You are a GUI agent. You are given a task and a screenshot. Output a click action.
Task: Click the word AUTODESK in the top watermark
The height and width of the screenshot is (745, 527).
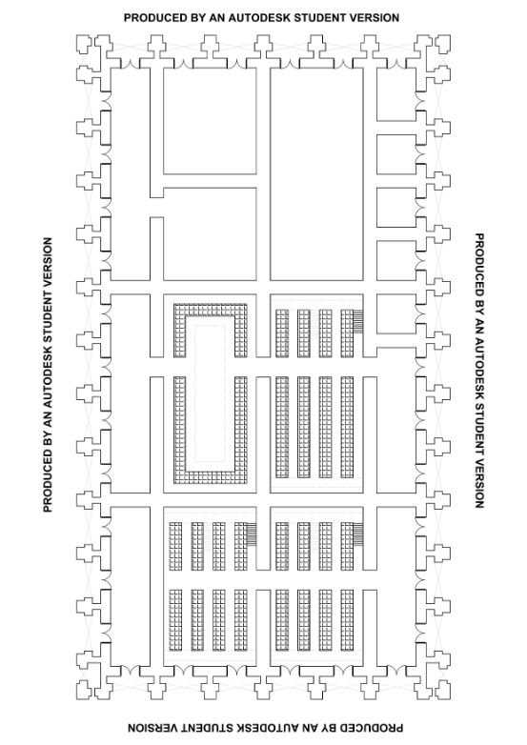click(x=259, y=17)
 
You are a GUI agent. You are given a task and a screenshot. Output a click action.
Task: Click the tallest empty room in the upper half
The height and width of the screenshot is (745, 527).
click(x=316, y=174)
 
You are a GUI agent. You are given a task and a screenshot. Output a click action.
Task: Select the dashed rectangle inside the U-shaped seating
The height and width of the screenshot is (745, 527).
click(x=210, y=393)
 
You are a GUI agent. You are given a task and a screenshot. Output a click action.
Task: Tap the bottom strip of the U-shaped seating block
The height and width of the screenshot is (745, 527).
click(x=210, y=477)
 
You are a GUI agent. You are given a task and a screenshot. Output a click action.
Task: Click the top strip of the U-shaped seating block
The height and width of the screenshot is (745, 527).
click(x=210, y=310)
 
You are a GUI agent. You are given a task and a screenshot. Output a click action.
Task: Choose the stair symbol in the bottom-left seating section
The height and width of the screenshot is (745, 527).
click(x=252, y=534)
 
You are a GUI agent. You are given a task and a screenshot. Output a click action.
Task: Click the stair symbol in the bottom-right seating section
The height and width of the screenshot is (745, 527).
click(x=358, y=534)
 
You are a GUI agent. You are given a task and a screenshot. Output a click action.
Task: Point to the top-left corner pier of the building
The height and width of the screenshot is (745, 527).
click(x=85, y=44)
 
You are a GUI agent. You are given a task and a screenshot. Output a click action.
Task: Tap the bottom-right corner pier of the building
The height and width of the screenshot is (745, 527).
click(x=442, y=690)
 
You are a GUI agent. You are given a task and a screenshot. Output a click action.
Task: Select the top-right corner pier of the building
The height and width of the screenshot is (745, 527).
click(x=442, y=44)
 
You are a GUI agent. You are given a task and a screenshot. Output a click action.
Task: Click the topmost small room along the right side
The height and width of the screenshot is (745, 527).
click(x=396, y=94)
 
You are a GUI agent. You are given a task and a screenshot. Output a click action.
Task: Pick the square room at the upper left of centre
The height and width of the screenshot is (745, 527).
click(x=210, y=121)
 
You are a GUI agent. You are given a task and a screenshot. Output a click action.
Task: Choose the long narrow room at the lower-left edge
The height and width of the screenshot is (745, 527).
click(x=131, y=586)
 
